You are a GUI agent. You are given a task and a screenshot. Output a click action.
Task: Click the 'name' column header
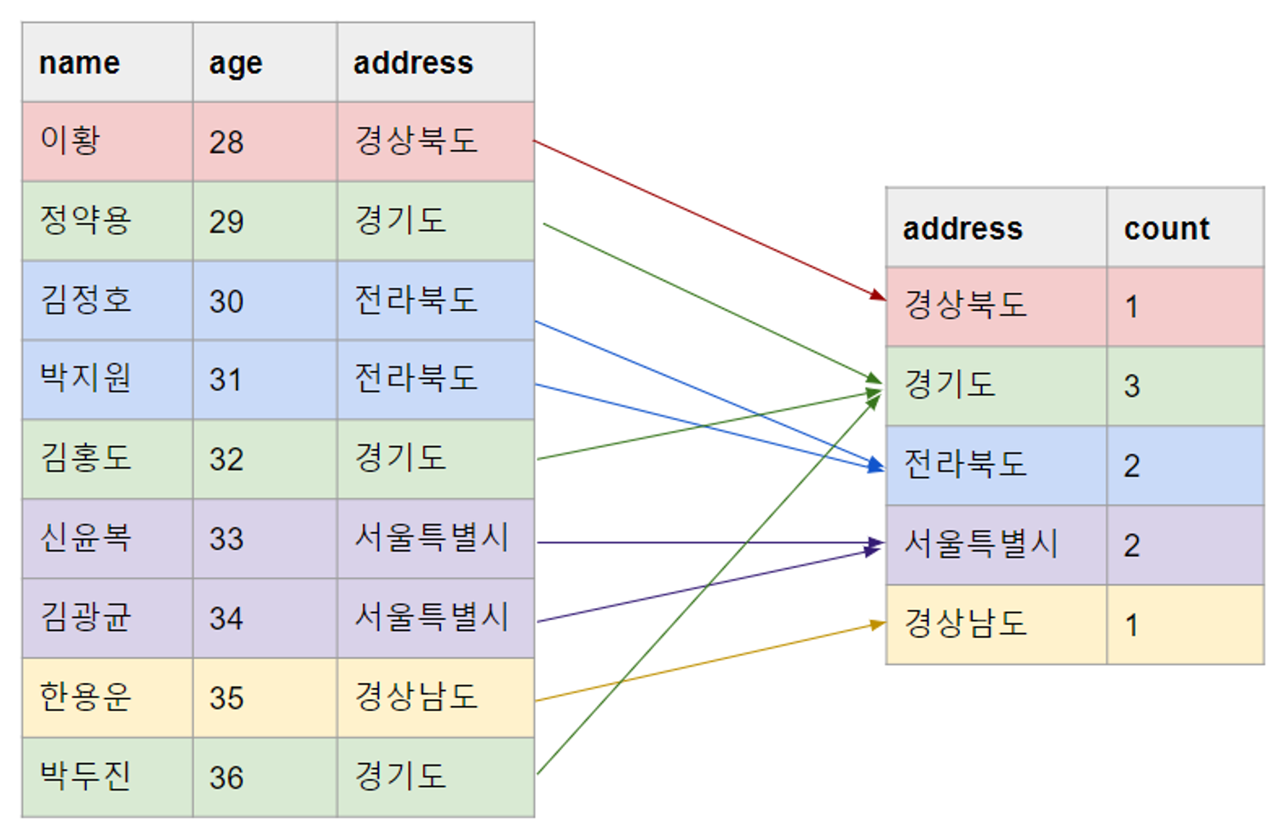(80, 63)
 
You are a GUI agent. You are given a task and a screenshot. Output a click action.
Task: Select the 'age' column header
(236, 63)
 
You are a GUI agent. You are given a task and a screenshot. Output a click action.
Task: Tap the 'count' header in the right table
(1166, 228)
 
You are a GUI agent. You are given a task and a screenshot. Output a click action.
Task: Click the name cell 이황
(71, 141)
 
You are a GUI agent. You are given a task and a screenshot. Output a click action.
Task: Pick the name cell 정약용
(85, 221)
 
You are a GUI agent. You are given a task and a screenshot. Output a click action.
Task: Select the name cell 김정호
(85, 300)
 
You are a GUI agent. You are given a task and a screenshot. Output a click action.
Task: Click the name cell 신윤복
(85, 538)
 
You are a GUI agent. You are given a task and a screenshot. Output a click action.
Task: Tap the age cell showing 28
(227, 142)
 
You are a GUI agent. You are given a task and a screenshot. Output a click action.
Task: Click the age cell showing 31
(227, 380)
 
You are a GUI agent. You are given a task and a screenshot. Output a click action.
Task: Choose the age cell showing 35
(227, 698)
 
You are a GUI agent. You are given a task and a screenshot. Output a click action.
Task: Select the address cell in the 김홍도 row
(400, 458)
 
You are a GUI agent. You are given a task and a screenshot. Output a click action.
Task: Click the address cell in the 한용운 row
(416, 697)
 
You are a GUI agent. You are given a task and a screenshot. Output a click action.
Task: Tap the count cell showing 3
(1131, 387)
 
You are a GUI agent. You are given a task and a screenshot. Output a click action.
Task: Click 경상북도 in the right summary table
(965, 305)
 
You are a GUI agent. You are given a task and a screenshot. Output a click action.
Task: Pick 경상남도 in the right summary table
(965, 623)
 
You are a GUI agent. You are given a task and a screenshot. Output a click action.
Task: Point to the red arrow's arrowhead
(878, 295)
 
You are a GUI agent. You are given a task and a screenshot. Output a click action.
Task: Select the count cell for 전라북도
(1131, 466)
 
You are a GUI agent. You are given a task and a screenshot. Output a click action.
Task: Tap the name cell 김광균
(85, 617)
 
